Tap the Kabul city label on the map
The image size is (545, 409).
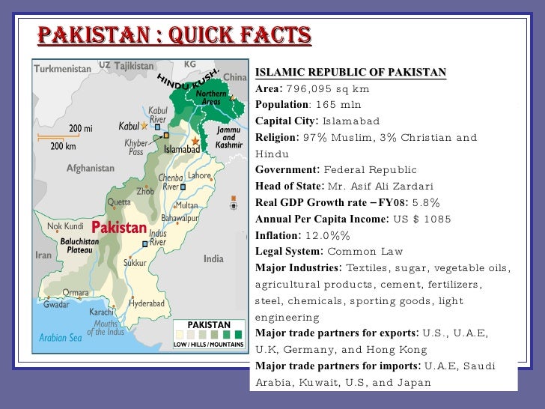[x=129, y=127]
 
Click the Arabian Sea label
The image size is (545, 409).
[x=58, y=338]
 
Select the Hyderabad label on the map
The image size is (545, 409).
[x=147, y=303]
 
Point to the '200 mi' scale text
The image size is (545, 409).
[x=81, y=128]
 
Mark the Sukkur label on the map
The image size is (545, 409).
[x=135, y=264]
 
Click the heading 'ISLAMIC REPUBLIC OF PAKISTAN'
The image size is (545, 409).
[x=350, y=73]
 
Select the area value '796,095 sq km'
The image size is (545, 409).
[x=328, y=88]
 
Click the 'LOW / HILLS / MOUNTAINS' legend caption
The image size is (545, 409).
[x=207, y=345]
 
